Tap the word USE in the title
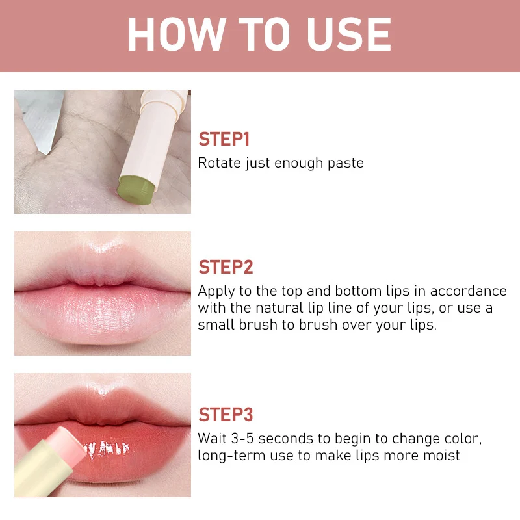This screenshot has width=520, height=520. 349,34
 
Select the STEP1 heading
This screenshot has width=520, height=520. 224,139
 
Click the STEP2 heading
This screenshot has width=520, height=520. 226,267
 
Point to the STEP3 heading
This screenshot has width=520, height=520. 226,415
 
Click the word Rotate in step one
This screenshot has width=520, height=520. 219,163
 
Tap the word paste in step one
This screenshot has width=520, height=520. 346,164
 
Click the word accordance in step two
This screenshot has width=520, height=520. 468,291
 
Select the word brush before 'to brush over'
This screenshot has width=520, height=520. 257,324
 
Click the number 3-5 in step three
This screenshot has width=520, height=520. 242,439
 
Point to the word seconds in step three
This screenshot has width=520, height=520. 285,439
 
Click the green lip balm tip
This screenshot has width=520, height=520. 136,190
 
